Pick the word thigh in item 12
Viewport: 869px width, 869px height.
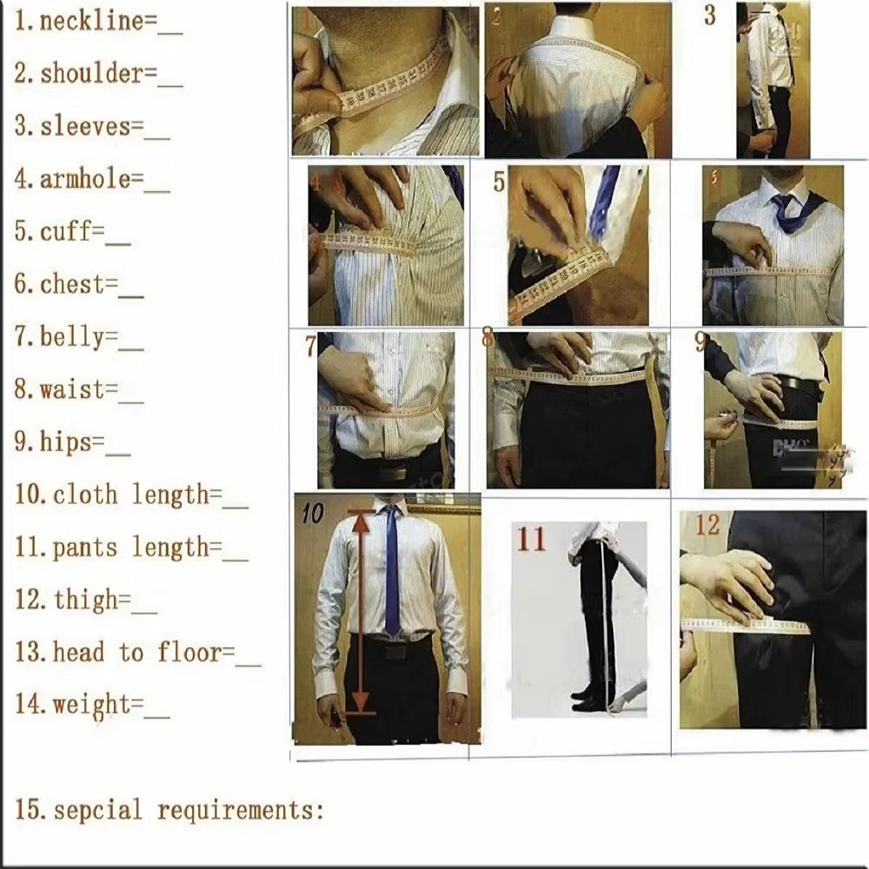[x=84, y=600]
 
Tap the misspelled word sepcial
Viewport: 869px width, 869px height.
[x=97, y=811]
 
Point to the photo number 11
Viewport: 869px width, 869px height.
[x=531, y=539]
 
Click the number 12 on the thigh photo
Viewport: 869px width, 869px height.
[x=707, y=525]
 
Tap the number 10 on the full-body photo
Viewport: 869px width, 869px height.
[x=312, y=514]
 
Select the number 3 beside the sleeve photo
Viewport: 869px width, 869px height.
[x=710, y=16]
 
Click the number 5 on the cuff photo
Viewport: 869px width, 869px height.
[x=499, y=182]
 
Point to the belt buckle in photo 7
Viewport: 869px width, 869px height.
[x=392, y=474]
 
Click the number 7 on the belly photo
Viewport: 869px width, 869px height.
[x=310, y=346]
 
